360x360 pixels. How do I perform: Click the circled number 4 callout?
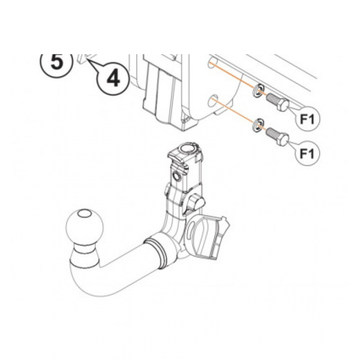pyautogui.click(x=113, y=78)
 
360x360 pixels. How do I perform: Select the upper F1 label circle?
pyautogui.click(x=307, y=119)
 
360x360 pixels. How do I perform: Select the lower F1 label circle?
pyautogui.click(x=307, y=153)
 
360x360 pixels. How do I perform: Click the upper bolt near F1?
pyautogui.click(x=277, y=102)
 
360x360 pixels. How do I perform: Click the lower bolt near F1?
pyautogui.click(x=277, y=136)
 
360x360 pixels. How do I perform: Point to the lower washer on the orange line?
pyautogui.click(x=258, y=126)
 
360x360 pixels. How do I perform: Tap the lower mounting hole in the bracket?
pyautogui.click(x=212, y=102)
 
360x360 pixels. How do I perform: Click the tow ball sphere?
pyautogui.click(x=84, y=228)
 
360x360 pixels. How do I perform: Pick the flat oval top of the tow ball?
pyautogui.click(x=84, y=214)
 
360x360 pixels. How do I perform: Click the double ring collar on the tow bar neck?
pyautogui.click(x=158, y=253)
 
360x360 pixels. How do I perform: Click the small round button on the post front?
pyautogui.click(x=177, y=176)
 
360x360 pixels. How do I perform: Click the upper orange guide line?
pyautogui.click(x=237, y=78)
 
